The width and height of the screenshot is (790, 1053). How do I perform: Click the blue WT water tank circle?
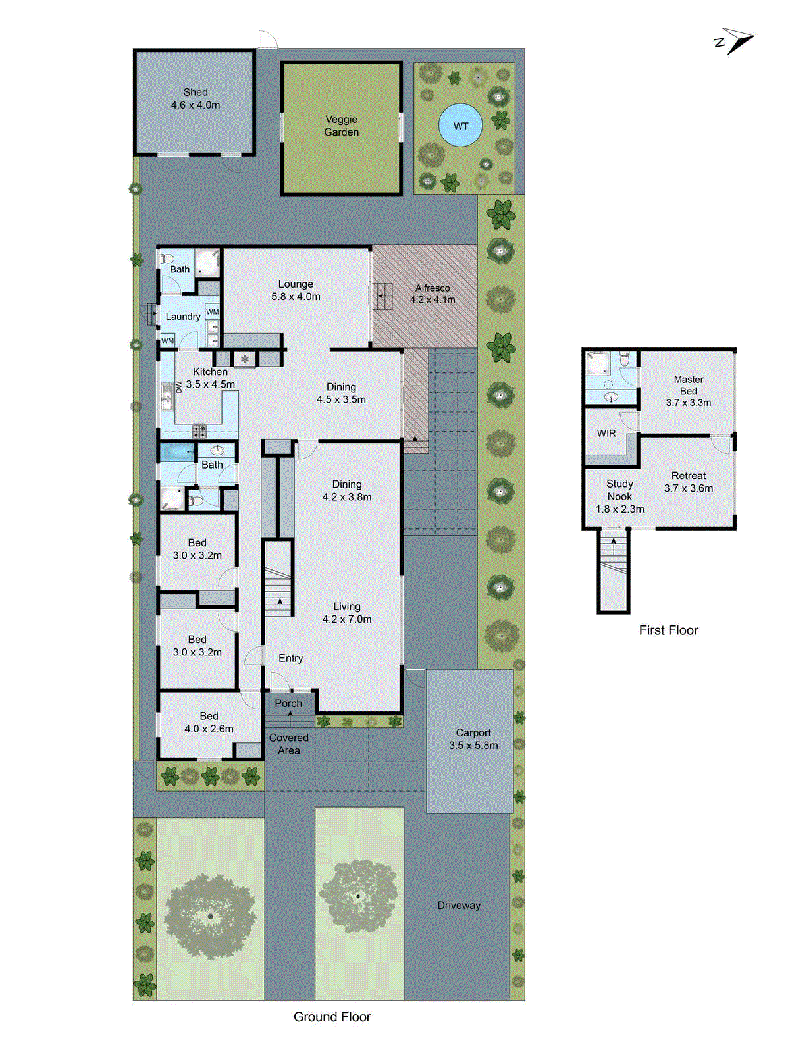[x=460, y=125]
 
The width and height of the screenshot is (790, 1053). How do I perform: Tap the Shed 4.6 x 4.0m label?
[x=196, y=99]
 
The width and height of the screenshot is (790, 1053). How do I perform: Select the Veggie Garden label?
[x=341, y=126]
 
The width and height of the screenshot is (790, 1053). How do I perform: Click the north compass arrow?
[x=736, y=41]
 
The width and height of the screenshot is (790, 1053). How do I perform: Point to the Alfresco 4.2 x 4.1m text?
[x=433, y=294]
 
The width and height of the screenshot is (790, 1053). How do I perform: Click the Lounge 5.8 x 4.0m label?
[x=296, y=290]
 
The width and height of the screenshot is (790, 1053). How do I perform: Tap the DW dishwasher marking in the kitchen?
[x=178, y=387]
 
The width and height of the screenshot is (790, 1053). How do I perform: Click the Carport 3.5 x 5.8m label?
[x=473, y=739]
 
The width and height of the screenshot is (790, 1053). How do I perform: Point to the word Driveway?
[x=459, y=906]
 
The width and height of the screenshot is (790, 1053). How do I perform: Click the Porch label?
[x=288, y=704]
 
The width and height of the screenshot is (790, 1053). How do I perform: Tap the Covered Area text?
[x=288, y=744]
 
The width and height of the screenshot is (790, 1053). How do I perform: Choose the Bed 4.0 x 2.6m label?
[x=209, y=723]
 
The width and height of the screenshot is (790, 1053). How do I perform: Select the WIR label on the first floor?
[x=606, y=434]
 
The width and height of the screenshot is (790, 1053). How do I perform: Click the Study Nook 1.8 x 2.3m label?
[x=619, y=496]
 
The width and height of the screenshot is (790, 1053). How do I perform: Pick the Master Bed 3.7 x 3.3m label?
[x=689, y=391]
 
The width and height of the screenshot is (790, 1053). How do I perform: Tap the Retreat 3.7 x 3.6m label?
[x=689, y=482]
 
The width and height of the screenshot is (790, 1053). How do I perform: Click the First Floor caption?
[x=668, y=630]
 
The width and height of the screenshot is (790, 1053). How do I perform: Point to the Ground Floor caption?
[x=332, y=1017]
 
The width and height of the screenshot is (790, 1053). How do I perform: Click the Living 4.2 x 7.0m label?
[x=347, y=613]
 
